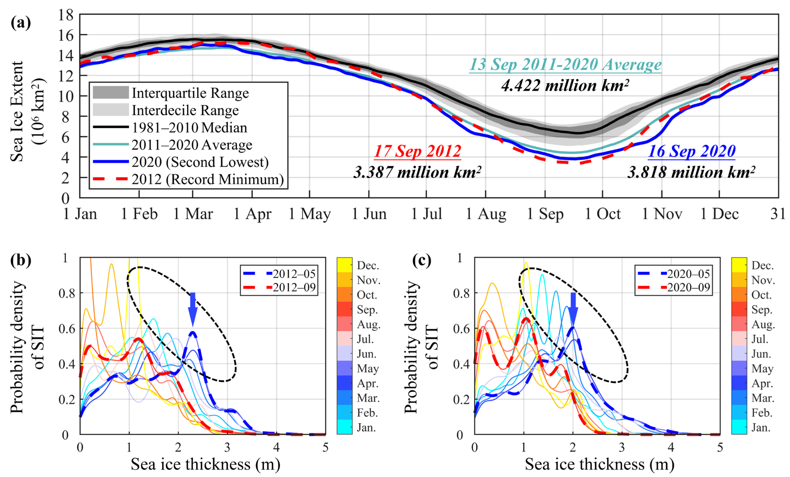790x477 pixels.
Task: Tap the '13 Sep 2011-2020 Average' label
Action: pyautogui.click(x=565, y=64)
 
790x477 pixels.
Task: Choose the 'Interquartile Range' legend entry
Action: pyautogui.click(x=171, y=93)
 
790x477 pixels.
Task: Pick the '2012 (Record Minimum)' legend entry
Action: pyautogui.click(x=188, y=179)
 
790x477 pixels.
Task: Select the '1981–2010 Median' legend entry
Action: pyautogui.click(x=170, y=127)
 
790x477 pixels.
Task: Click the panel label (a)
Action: pyautogui.click(x=21, y=23)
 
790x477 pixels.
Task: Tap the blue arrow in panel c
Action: pyautogui.click(x=573, y=309)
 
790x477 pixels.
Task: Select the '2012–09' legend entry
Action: pyautogui.click(x=280, y=287)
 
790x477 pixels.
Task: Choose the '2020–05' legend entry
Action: pyautogui.click(x=674, y=274)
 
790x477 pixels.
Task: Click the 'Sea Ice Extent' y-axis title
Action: pyautogui.click(x=17, y=111)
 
